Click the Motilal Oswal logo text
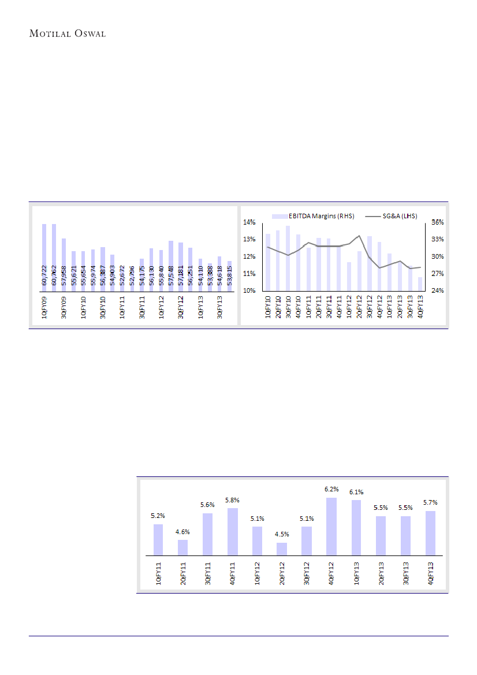point(68,33)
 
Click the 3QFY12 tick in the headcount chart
point(181,309)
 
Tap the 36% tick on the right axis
point(437,222)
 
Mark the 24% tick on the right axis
point(437,290)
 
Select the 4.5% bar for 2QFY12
point(282,549)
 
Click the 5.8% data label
point(232,500)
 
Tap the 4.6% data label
point(183,532)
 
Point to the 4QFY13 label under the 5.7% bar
point(430,573)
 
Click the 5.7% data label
point(430,503)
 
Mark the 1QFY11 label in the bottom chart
point(159,573)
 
